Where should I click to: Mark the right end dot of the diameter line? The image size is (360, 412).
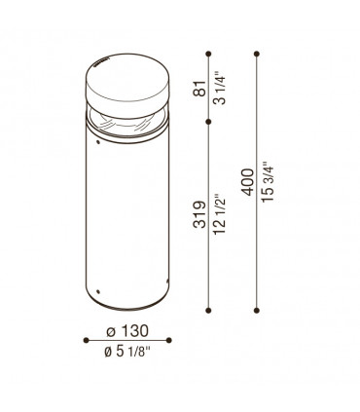point(169,339)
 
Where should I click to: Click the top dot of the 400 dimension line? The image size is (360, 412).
point(258,51)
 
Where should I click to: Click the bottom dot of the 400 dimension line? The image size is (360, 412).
point(258,310)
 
